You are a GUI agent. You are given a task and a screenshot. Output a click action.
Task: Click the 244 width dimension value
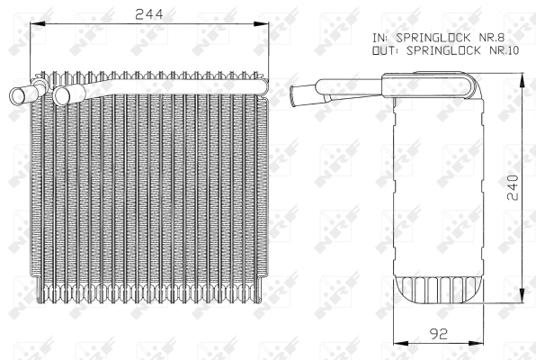coord(149,14)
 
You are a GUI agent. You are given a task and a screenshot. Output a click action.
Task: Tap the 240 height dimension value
coord(513,187)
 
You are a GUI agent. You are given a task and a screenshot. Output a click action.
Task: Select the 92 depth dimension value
coord(438,334)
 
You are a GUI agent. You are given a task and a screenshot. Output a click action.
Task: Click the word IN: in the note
coord(380,38)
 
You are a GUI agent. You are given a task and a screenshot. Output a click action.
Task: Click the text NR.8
coord(493,37)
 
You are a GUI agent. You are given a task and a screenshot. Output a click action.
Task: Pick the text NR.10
coord(505,50)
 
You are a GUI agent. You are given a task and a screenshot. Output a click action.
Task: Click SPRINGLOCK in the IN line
coord(433,38)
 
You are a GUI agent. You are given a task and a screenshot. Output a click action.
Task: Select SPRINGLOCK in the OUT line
coord(443,50)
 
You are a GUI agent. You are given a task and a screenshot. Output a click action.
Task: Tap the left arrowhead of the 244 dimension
coord(37,23)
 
